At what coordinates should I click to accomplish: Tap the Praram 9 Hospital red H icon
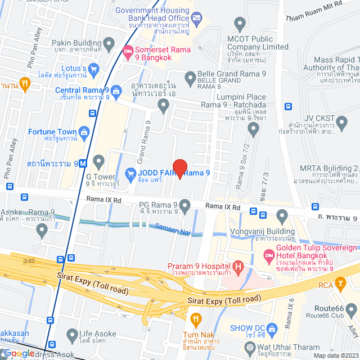238,265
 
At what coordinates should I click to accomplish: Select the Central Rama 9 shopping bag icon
116,90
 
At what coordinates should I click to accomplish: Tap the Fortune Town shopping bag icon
84,132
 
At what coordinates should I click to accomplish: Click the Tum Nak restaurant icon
196,319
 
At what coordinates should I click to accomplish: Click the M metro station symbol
83,164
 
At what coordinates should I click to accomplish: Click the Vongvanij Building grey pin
282,214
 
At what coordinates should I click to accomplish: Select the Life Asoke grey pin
72,335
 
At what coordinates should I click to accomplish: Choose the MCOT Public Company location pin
240,25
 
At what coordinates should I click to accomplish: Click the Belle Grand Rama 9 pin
190,75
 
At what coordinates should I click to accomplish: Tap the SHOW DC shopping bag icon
273,328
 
